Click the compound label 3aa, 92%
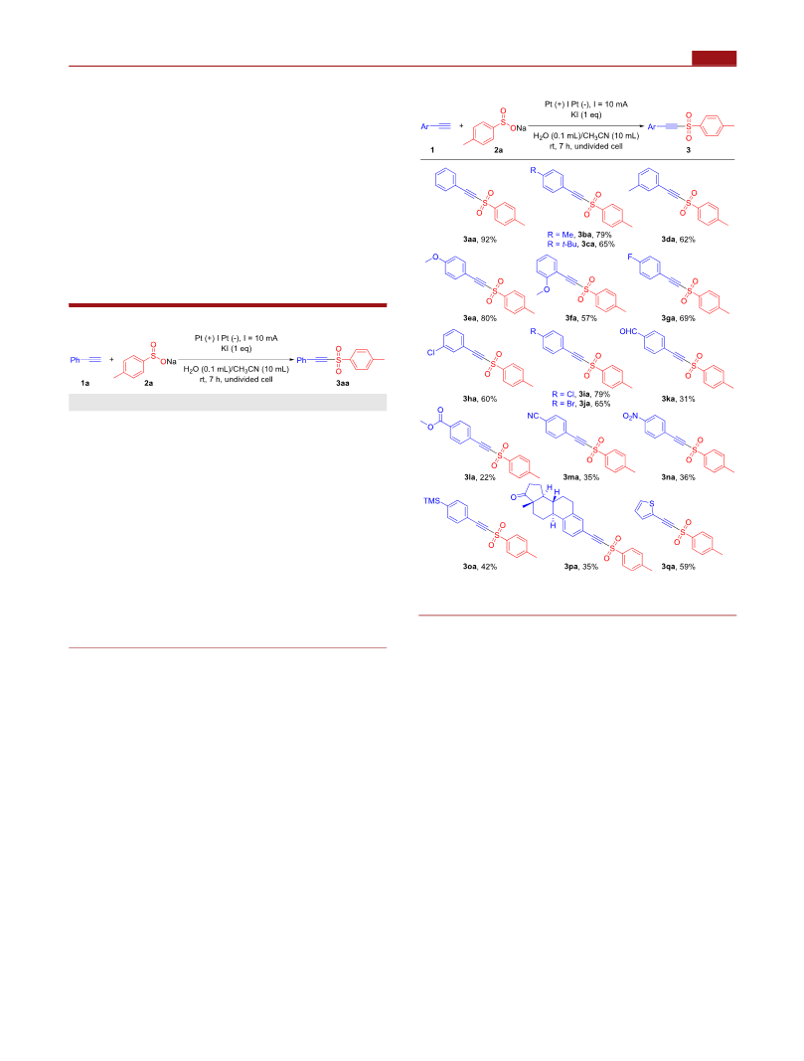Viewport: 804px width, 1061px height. click(479, 240)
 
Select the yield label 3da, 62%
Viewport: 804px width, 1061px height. click(678, 240)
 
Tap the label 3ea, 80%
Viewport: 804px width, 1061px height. click(479, 318)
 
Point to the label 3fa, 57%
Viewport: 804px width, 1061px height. click(580, 318)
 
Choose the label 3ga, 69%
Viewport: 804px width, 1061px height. click(678, 318)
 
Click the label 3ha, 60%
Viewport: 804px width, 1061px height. click(479, 399)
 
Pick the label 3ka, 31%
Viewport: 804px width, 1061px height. click(678, 399)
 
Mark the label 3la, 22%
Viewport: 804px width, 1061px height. click(479, 477)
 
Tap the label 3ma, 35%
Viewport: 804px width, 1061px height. click(580, 477)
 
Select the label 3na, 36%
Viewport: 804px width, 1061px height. click(678, 477)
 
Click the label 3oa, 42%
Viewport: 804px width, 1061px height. click(479, 567)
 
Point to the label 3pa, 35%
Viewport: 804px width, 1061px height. click(580, 567)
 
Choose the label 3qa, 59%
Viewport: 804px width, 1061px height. click(678, 567)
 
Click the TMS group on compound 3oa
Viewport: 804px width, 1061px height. click(431, 501)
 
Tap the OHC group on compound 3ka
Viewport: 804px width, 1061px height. click(628, 331)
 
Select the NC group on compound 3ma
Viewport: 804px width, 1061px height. click(533, 416)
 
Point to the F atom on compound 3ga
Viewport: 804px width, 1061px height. click(629, 258)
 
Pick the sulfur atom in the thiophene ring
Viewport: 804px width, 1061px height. click(651, 504)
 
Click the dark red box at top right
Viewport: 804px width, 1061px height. click(714, 59)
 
